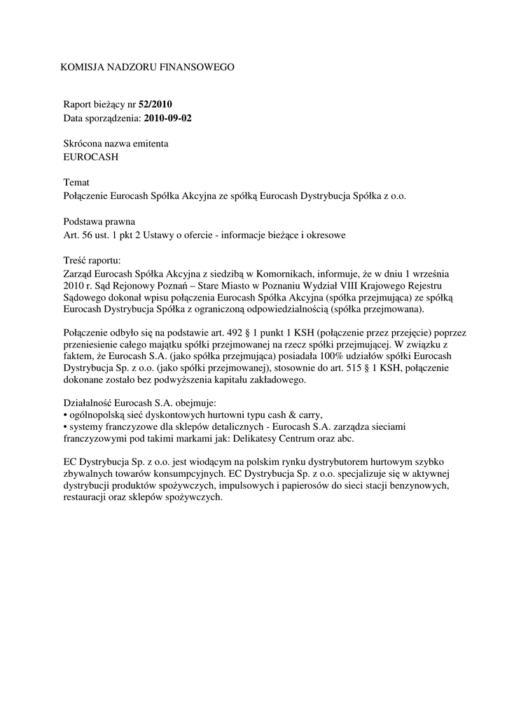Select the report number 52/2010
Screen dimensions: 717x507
[x=155, y=104]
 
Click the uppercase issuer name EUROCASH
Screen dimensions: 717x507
[x=91, y=157]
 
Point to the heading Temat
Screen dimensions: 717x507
[x=76, y=182]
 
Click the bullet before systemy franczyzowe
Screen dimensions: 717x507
[x=65, y=427]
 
